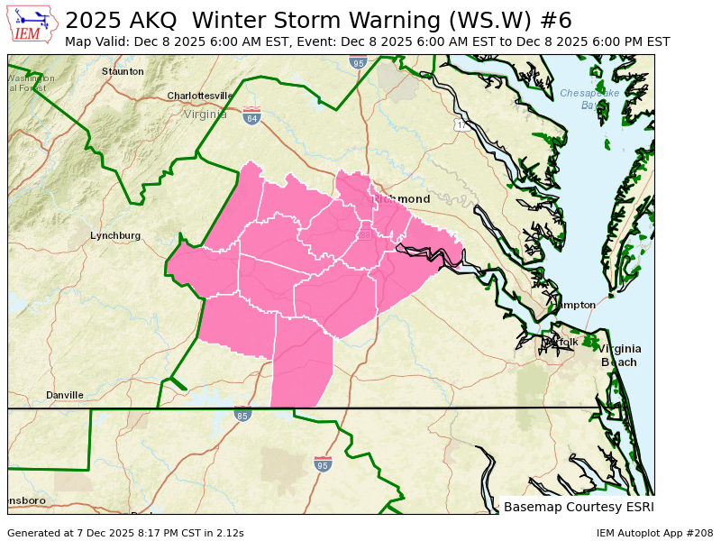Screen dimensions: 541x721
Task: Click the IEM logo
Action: pyautogui.click(x=33, y=24)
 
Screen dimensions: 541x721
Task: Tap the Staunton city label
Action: pyautogui.click(x=123, y=71)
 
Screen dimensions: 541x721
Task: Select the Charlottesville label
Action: pyautogui.click(x=200, y=96)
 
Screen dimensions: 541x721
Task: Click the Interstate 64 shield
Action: pyautogui.click(x=251, y=117)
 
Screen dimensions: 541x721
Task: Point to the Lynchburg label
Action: pyautogui.click(x=115, y=235)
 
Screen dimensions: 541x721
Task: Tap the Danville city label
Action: pyautogui.click(x=65, y=395)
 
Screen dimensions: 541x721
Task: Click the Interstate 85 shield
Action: pyautogui.click(x=242, y=416)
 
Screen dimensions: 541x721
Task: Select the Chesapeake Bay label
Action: pyautogui.click(x=585, y=99)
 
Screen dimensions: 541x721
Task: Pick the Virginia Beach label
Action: pyautogui.click(x=620, y=355)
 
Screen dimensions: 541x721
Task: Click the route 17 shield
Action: pyautogui.click(x=461, y=124)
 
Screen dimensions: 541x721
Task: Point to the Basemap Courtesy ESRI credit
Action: pyautogui.click(x=579, y=507)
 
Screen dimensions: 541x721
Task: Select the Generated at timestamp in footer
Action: pyautogui.click(x=125, y=533)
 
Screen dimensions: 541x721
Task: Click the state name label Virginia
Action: pyautogui.click(x=205, y=115)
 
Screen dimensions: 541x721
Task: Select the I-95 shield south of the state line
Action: pyautogui.click(x=323, y=464)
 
